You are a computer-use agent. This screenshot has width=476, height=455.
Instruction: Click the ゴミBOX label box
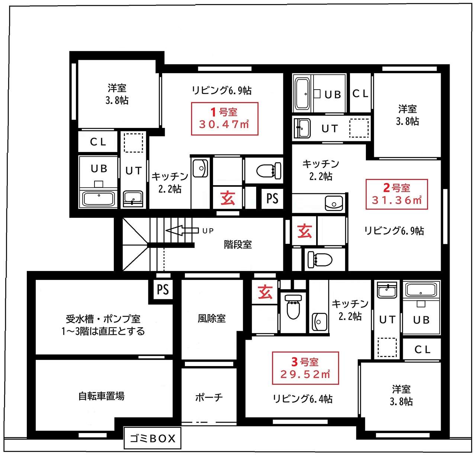[152, 438]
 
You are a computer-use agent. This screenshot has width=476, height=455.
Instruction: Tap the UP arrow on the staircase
[182, 230]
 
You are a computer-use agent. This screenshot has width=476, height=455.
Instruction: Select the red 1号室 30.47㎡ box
[225, 119]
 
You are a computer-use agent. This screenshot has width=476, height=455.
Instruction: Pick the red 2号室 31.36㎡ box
[396, 194]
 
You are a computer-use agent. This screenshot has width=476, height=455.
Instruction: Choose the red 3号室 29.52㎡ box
[305, 368]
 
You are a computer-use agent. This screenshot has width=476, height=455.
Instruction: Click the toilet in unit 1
[269, 170]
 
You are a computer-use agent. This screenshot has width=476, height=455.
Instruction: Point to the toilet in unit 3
[293, 307]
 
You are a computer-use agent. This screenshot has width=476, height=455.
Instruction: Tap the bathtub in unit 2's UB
[302, 94]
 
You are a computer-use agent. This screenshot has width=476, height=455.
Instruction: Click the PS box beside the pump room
[163, 290]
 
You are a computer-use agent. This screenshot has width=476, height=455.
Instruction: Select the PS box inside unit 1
[272, 199]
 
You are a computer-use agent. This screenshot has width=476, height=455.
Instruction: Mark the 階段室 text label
[238, 244]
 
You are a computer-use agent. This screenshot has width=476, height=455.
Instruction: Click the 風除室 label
[212, 318]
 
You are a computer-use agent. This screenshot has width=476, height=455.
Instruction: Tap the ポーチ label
[209, 377]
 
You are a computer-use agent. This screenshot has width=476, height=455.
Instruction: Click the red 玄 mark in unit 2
[305, 230]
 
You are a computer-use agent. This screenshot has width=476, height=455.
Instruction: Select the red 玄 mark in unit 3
[265, 292]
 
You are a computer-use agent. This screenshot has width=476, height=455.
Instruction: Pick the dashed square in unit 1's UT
[133, 143]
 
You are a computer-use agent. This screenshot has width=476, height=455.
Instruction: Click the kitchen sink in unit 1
[200, 168]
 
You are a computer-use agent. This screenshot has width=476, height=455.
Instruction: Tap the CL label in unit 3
[422, 349]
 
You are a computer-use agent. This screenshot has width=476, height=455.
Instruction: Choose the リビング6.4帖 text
[303, 398]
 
